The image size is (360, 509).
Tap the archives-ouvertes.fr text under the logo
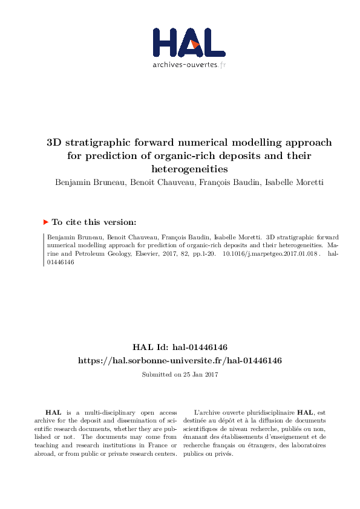(x=189, y=65)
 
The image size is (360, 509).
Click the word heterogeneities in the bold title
(x=189, y=169)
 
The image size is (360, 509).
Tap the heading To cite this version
(x=94, y=222)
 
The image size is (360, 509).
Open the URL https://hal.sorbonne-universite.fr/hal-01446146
(x=180, y=360)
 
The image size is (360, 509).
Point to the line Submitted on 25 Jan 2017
(x=180, y=375)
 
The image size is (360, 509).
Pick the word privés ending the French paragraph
(x=224, y=453)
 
